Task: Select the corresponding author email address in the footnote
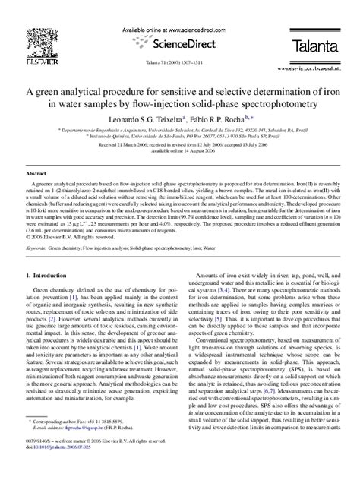(x=87, y=447)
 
